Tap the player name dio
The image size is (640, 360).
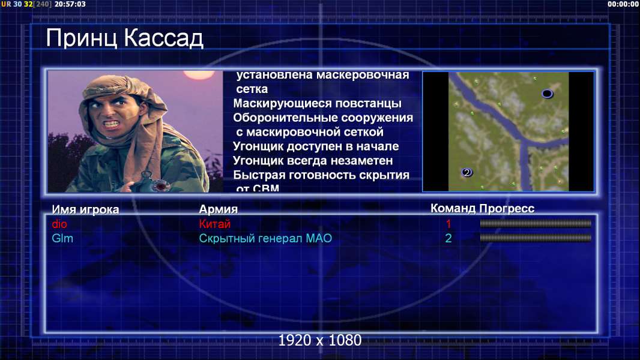59,224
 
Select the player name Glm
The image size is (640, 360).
62,238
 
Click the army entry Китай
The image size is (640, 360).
215,224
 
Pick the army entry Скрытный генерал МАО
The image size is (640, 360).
265,239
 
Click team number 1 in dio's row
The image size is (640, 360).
448,224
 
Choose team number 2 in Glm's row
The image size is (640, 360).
448,238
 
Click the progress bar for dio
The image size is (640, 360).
536,223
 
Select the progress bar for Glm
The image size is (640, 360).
536,238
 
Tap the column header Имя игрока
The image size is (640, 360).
85,209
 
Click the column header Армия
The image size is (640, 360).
219,209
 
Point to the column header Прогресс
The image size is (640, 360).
507,209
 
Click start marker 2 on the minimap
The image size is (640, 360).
467,172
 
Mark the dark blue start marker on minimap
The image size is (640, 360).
548,94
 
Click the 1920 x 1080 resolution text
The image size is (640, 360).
320,340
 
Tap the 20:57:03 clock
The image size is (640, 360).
70,4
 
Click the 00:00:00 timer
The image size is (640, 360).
623,4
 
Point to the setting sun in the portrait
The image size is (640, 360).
199,74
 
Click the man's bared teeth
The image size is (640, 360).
112,122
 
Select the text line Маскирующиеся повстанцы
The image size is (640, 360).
317,104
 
